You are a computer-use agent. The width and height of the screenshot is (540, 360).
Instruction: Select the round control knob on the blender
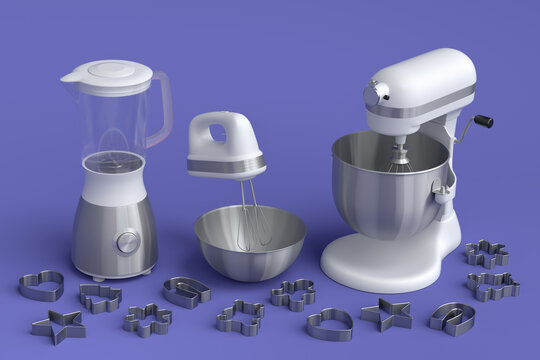tap(127, 241)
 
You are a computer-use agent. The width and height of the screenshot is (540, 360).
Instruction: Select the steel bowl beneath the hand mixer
tap(250, 245)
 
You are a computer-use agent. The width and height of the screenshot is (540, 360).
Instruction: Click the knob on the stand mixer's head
tap(377, 93)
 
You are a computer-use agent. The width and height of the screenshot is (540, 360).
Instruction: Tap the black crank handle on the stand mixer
tap(483, 122)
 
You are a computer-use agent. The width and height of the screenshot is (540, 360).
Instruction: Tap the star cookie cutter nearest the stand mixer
tap(386, 314)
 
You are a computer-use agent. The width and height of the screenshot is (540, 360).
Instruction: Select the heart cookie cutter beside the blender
tap(40, 286)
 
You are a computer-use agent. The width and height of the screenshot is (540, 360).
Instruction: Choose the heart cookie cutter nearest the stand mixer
tap(329, 323)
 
